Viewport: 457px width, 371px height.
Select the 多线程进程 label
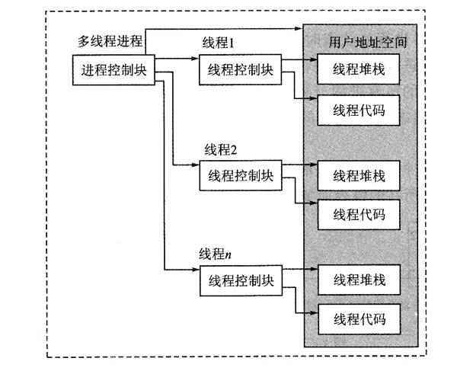coord(110,41)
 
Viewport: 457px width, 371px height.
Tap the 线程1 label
coord(219,43)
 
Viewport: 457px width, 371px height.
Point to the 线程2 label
coord(221,149)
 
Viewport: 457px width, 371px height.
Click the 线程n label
coord(216,254)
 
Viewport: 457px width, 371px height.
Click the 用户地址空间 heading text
coord(368,43)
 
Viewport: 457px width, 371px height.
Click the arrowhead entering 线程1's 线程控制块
coord(196,59)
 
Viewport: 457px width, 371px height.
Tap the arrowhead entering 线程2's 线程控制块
coord(196,165)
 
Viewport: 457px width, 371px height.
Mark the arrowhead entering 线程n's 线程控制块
coord(196,270)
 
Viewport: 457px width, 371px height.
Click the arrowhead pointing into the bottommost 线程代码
coord(314,313)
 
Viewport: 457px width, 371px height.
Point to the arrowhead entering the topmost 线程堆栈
coord(313,59)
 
